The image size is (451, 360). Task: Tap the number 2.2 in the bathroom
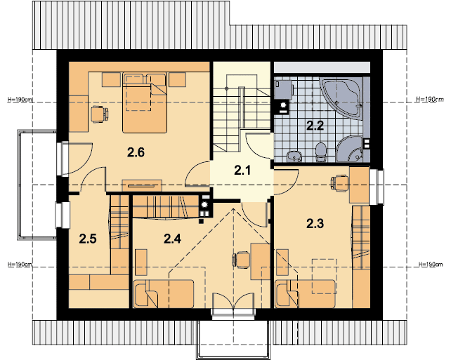click(x=314, y=126)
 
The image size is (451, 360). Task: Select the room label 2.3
click(x=315, y=225)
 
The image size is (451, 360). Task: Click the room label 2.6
click(x=136, y=152)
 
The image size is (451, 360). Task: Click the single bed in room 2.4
click(x=163, y=293)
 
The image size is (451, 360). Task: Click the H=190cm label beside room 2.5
click(x=20, y=265)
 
